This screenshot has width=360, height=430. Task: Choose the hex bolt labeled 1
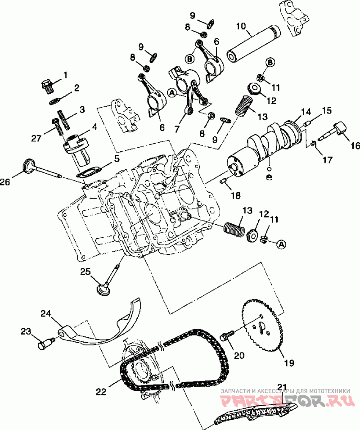click(47, 84)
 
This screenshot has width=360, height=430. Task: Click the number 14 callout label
click(306, 112)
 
